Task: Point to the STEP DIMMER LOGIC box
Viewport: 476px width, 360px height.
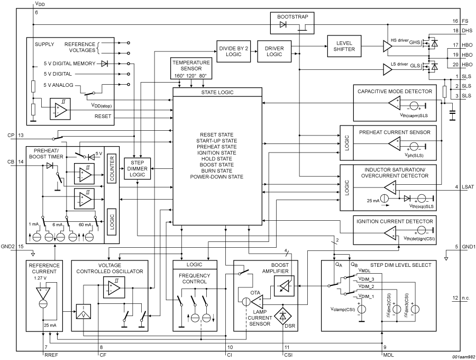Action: coord(137,168)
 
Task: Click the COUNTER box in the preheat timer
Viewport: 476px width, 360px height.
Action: coord(112,170)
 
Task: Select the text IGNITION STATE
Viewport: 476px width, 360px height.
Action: coord(217,152)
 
